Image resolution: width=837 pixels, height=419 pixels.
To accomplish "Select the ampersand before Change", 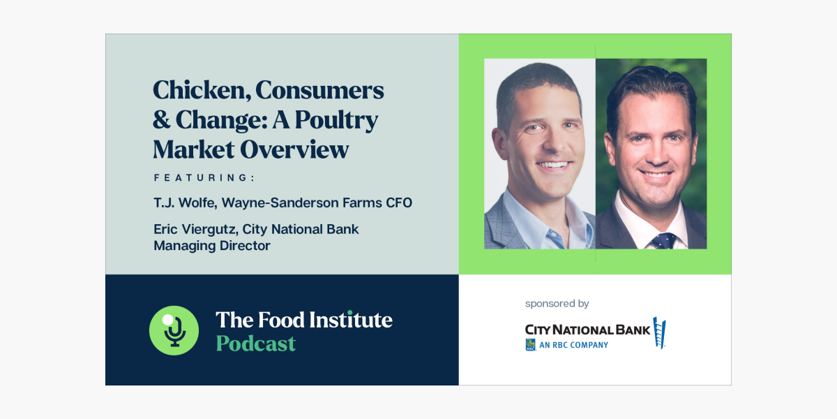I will [162, 119].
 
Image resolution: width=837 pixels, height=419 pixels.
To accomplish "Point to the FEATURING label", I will [204, 178].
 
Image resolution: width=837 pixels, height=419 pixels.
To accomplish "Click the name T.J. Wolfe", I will [184, 203].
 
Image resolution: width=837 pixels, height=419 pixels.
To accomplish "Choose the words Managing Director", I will [211, 246].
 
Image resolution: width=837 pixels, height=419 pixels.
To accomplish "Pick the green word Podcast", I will [255, 343].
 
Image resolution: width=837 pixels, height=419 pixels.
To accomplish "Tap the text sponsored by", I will [557, 304].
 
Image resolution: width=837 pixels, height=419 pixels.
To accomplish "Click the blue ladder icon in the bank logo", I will [659, 332].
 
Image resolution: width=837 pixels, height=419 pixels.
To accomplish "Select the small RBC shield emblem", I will [530, 344].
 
